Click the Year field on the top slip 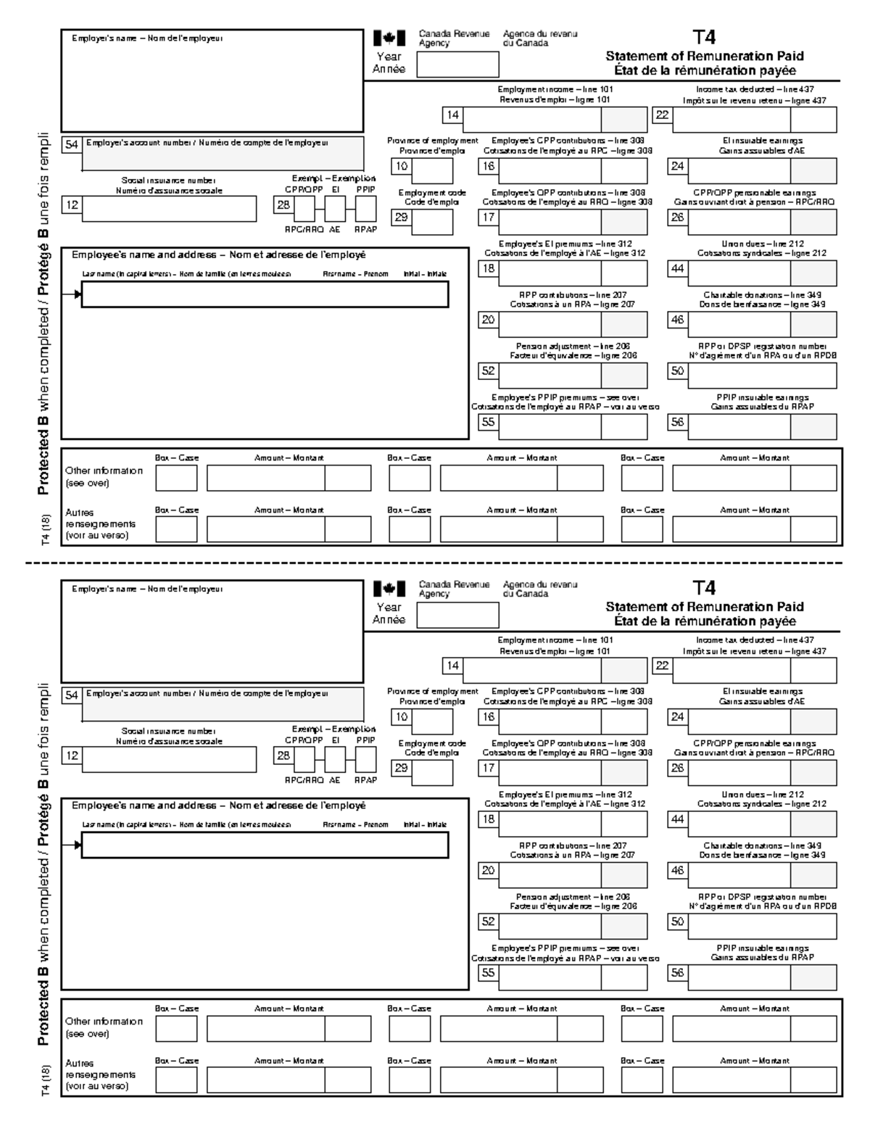(x=457, y=64)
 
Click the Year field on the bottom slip (x=457, y=615)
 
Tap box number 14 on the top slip (x=452, y=115)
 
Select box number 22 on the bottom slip (x=662, y=666)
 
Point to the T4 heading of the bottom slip (x=704, y=588)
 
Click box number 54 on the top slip (x=72, y=144)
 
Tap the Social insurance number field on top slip (x=169, y=209)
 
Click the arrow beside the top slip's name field (x=72, y=294)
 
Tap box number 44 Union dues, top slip (x=677, y=270)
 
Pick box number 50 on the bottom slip (x=677, y=922)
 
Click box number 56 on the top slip (x=677, y=422)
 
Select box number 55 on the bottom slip (x=488, y=973)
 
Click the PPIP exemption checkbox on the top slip (x=365, y=209)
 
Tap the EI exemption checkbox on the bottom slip (x=335, y=759)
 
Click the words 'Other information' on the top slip (x=104, y=471)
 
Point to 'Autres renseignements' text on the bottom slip (x=100, y=1074)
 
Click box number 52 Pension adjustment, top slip (x=488, y=370)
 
